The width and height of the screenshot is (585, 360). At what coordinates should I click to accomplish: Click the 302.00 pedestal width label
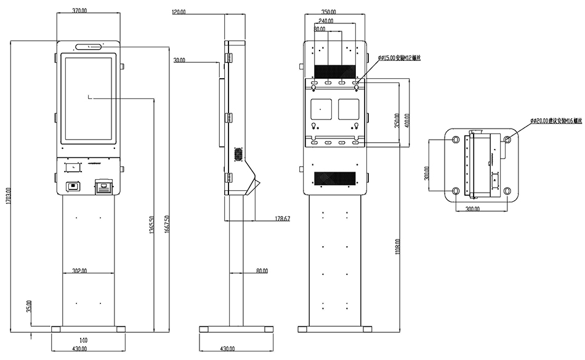tap(79, 271)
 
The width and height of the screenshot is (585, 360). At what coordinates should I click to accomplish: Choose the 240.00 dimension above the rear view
tap(327, 20)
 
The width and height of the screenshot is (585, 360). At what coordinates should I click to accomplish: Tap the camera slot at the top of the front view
tap(90, 46)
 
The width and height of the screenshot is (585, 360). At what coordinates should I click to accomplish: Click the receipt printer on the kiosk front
tap(103, 186)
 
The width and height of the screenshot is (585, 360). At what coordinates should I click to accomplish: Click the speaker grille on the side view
tap(236, 153)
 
